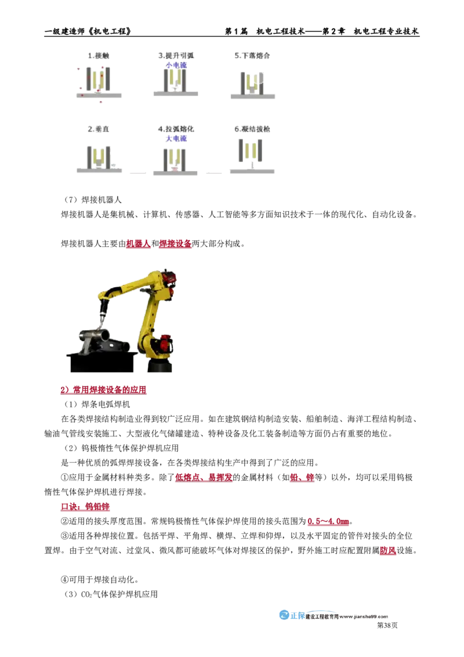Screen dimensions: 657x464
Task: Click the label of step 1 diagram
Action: pyautogui.click(x=99, y=56)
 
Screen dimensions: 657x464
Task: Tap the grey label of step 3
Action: pyautogui.click(x=176, y=56)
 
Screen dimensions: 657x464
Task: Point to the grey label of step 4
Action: pyautogui.click(x=176, y=129)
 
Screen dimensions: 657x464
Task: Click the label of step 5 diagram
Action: pyautogui.click(x=252, y=56)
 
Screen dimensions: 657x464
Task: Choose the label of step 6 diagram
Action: pyautogui.click(x=252, y=129)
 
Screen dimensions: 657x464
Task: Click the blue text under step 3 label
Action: pyautogui.click(x=176, y=65)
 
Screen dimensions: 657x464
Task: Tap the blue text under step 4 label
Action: pyautogui.click(x=176, y=139)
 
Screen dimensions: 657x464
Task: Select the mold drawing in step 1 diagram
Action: pyautogui.click(x=97, y=80)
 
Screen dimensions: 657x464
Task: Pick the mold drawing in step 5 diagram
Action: pyautogui.click(x=252, y=82)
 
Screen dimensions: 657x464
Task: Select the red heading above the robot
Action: pyautogui.click(x=159, y=245)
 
